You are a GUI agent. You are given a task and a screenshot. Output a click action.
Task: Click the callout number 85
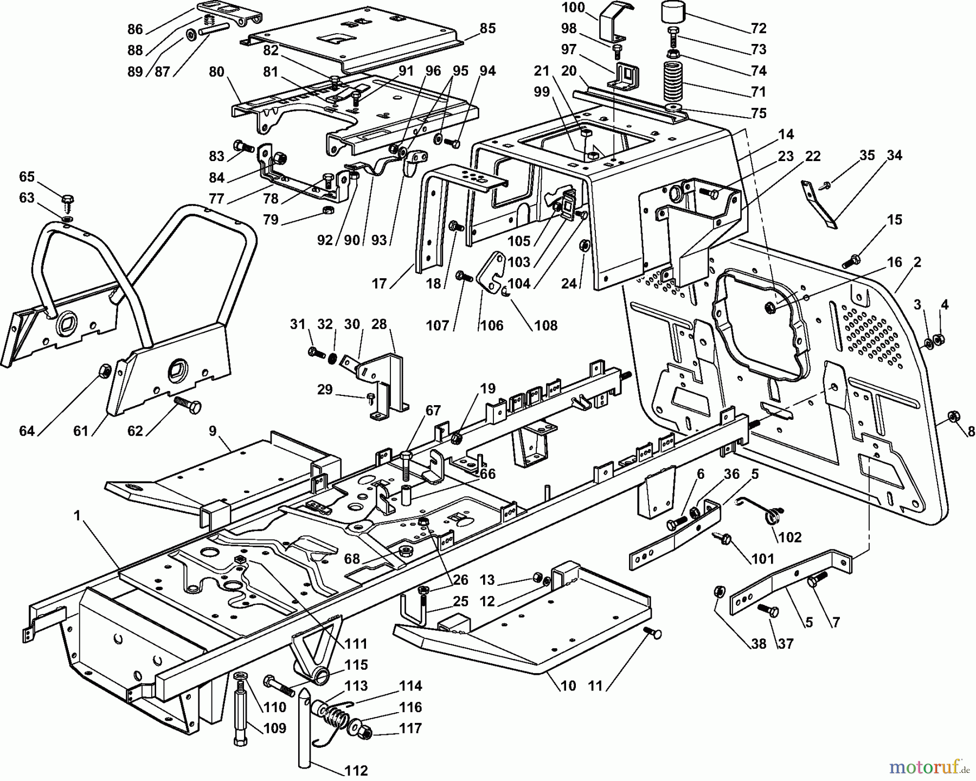487,28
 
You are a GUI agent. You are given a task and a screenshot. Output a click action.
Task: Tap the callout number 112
356,770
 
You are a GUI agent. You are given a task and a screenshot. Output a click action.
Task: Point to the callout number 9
213,431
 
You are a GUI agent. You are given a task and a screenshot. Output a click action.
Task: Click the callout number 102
789,537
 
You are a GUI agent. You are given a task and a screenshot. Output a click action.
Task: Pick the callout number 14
786,134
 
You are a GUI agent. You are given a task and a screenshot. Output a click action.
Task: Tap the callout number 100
574,8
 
